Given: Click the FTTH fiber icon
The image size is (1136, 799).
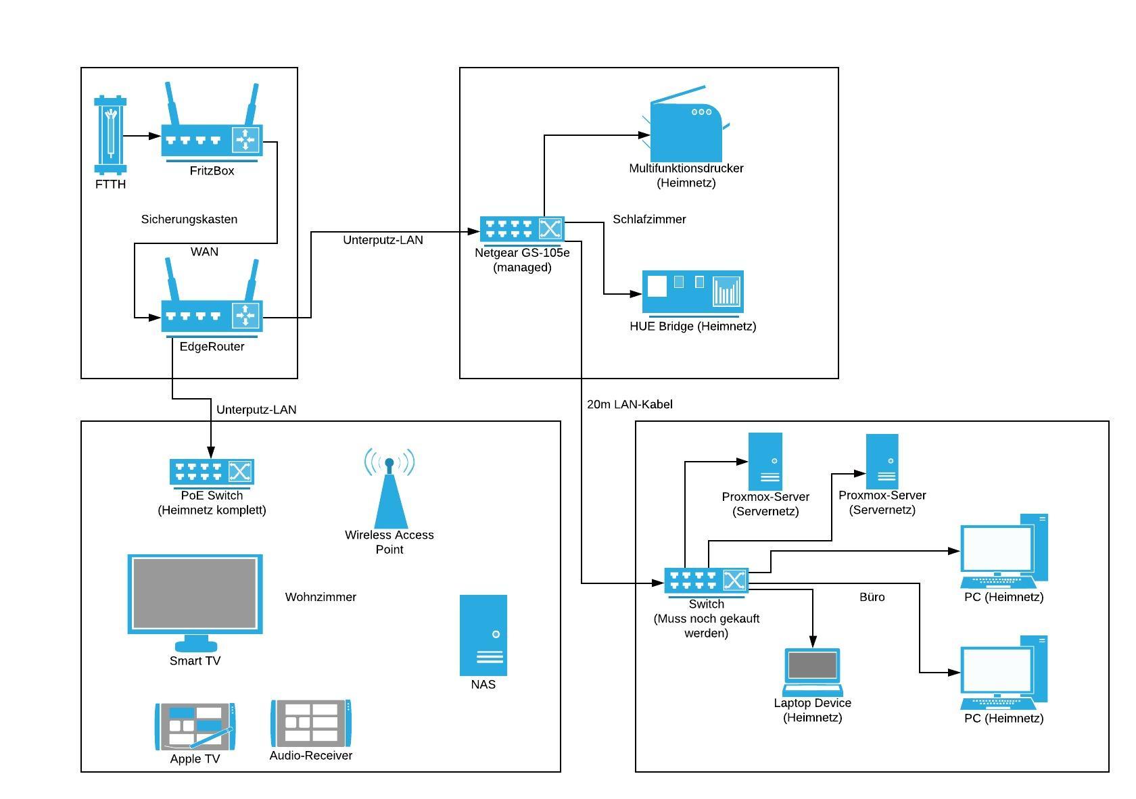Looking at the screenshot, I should [x=111, y=135].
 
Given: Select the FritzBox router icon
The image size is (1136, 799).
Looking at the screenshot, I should [x=212, y=135].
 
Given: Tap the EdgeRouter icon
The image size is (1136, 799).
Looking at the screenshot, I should [x=212, y=311].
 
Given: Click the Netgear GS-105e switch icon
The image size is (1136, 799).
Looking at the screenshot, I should [x=522, y=229].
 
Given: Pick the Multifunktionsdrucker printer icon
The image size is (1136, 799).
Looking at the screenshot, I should [x=686, y=128].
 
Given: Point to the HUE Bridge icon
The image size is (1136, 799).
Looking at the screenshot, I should [x=692, y=293].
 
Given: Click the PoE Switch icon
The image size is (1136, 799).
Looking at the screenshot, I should [x=212, y=472].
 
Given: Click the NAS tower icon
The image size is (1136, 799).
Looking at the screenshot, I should [x=483, y=635].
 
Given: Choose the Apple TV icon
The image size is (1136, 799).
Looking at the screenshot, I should [x=195, y=726].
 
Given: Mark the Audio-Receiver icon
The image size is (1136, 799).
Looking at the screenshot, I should [x=311, y=723].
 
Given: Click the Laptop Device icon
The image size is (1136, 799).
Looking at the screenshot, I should [x=813, y=672].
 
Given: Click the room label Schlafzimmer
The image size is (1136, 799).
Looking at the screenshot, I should [x=649, y=219].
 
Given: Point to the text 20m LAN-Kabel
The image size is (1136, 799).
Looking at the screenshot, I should [x=630, y=404].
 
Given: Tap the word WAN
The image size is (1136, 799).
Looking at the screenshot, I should [x=204, y=251].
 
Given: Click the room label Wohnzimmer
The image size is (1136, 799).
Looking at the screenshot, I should [x=321, y=597].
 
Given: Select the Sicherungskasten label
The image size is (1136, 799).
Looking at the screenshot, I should [x=189, y=219].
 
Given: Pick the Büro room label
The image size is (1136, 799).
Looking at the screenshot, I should [x=872, y=597].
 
